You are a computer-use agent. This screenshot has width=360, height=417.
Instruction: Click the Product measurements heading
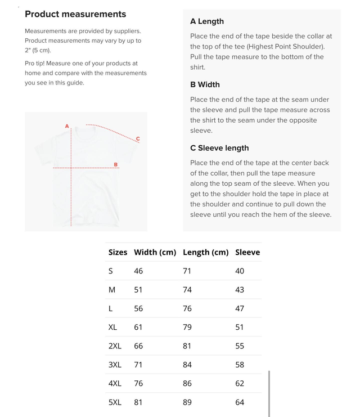[x=75, y=14]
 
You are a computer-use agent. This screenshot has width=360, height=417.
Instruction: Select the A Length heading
[x=207, y=21]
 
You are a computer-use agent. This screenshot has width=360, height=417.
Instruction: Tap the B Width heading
[x=205, y=84]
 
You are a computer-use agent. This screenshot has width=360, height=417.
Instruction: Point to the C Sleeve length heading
[x=219, y=148]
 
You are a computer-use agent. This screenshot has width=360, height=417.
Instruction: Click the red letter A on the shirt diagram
[x=67, y=126]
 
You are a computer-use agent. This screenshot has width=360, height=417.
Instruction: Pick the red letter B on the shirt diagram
[x=116, y=164]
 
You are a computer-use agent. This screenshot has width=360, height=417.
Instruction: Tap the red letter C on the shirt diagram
[x=138, y=139]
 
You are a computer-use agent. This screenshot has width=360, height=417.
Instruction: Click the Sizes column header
[x=118, y=252]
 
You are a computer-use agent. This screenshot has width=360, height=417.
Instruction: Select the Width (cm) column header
[x=155, y=252]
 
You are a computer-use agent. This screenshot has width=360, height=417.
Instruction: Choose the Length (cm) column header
[x=205, y=252]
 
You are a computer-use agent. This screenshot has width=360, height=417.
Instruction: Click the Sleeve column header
[x=247, y=252]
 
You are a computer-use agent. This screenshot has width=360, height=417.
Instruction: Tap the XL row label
[x=113, y=327]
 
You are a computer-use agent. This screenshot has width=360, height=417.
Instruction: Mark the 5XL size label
[x=115, y=402]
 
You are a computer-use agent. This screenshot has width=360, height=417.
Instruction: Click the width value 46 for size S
[x=138, y=271]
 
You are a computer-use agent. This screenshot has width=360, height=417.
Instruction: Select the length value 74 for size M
[x=187, y=289]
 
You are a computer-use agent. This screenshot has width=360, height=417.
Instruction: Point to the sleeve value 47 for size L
[x=240, y=308]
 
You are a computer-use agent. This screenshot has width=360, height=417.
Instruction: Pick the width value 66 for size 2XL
[x=138, y=346]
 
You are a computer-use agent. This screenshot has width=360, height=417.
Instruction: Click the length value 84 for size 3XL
[x=187, y=365]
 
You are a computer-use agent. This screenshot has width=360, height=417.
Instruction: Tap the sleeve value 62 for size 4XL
[x=240, y=383]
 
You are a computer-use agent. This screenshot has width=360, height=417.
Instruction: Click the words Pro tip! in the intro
[x=37, y=64]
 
